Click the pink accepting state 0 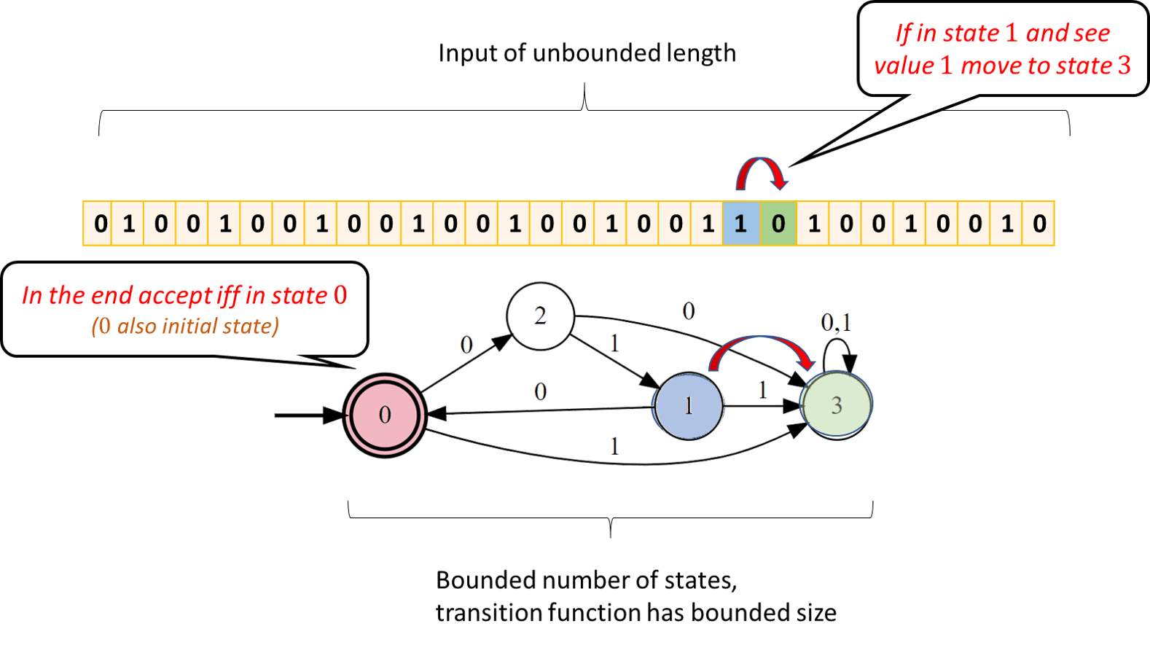pyautogui.click(x=385, y=415)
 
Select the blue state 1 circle pyautogui.click(x=689, y=406)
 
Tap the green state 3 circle pyautogui.click(x=837, y=404)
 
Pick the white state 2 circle pyautogui.click(x=540, y=316)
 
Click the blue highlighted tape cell pyautogui.click(x=741, y=223)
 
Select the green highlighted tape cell pyautogui.click(x=778, y=223)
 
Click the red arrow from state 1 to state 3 pyautogui.click(x=761, y=347)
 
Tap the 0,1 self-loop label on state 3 pyautogui.click(x=836, y=321)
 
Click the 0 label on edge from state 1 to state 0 pyautogui.click(x=540, y=392)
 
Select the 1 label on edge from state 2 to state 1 pyautogui.click(x=614, y=343)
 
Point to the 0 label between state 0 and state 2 pyautogui.click(x=466, y=344)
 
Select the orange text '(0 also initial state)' pyautogui.click(x=185, y=326)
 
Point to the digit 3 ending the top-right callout pyautogui.click(x=1124, y=66)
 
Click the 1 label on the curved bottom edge pyautogui.click(x=614, y=445)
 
